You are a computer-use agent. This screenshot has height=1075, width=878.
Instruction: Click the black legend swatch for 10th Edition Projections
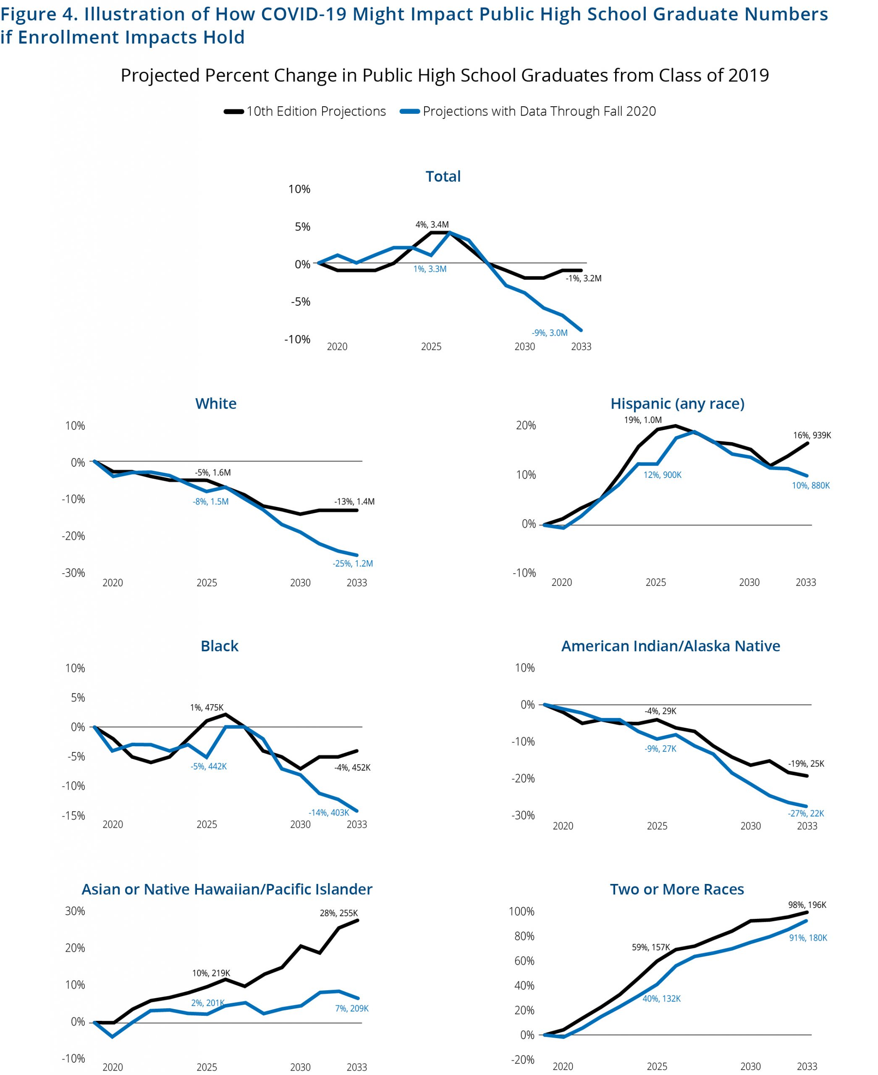point(233,112)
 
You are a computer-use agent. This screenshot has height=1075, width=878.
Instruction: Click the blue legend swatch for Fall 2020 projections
point(410,112)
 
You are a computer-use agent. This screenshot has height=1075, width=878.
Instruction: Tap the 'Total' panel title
point(443,176)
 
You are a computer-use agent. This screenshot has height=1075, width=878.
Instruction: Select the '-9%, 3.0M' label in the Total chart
point(549,333)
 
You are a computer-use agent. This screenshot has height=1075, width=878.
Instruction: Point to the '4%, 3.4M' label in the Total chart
point(432,225)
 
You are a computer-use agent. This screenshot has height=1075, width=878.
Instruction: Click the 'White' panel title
point(216,404)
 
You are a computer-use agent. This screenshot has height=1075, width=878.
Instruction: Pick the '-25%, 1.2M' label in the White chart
point(353,564)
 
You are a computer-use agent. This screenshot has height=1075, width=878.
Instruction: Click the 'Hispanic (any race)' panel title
point(677,404)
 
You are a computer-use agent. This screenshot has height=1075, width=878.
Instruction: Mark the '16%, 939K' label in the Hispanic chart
point(812,435)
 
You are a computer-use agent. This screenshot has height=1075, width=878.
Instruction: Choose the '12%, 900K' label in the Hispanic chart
point(663,475)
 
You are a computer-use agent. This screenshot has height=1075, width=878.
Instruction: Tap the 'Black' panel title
point(220,646)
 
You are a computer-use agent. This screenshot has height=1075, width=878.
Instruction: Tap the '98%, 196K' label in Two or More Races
point(807,905)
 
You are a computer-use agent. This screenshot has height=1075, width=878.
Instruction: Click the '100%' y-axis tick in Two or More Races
point(522,912)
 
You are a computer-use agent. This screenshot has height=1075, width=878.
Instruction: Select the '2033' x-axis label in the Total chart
point(581,347)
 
